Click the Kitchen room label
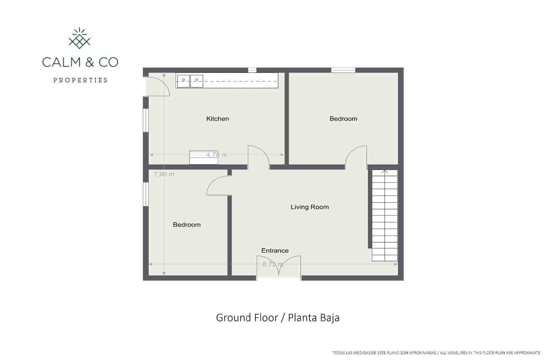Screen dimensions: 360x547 pos(217,119)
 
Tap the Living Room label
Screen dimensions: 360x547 pos(309,207)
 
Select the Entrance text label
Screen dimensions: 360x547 pos(275,251)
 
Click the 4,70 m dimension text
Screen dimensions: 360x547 pos(217,155)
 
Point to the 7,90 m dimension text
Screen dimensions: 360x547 pos(164,174)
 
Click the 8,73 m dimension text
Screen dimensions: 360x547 pos(272,264)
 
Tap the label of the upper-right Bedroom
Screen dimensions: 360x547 pos(343,119)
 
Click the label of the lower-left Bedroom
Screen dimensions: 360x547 pos(187,225)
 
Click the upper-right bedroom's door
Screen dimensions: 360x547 pos(357,157)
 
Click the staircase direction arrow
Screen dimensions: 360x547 pos(385,172)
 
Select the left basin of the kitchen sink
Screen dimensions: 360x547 pos(183,81)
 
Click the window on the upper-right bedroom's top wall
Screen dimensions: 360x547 pos(343,70)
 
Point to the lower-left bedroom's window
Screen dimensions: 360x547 pos(146,194)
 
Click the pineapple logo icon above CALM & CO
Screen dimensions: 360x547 pos(80,38)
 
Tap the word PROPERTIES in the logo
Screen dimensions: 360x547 pos(80,80)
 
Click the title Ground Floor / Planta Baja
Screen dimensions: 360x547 pos(278,318)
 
